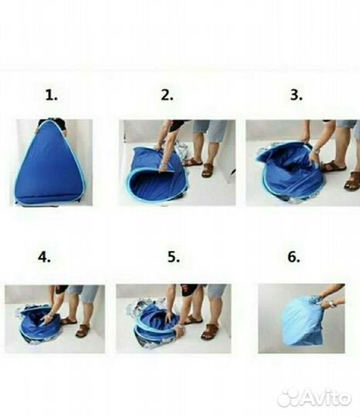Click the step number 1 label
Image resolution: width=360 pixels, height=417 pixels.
(x=51, y=95)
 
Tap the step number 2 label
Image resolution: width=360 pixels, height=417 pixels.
(x=167, y=95)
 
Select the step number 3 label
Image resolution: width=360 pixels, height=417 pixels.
(x=296, y=95)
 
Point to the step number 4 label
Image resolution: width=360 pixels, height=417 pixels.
(x=44, y=257)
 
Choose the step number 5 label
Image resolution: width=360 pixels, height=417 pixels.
(x=174, y=257)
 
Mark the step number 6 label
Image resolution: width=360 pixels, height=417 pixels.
(x=294, y=257)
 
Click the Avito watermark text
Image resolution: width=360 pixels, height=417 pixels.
(x=326, y=398)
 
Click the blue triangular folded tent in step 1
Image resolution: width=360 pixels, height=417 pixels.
(x=49, y=162)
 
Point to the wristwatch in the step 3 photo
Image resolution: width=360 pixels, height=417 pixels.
(x=316, y=150)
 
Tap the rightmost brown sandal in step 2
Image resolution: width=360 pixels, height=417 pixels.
(x=207, y=171)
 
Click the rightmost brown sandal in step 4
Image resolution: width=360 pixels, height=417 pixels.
(x=82, y=331)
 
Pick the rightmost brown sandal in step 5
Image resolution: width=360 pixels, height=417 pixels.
(x=210, y=331)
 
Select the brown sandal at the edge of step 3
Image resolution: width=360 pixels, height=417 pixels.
(x=352, y=181)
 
